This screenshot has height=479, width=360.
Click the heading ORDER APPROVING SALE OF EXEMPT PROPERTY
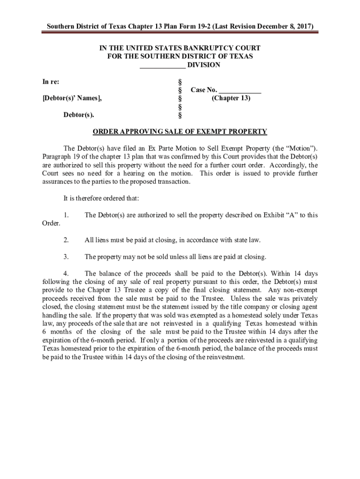[x=180, y=131]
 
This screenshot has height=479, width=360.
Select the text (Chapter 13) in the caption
[x=231, y=98]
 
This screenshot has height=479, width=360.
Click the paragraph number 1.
[x=66, y=215]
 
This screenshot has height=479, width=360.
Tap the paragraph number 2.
[x=66, y=240]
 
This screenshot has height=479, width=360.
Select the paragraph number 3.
[x=66, y=257]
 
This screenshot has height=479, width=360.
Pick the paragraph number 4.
[x=66, y=274]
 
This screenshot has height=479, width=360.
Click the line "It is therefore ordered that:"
[x=101, y=198]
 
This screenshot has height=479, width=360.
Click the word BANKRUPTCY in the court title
[x=206, y=48]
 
